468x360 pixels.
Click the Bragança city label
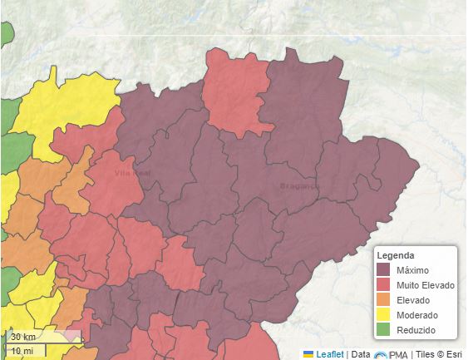click(299, 185)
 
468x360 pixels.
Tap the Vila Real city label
click(133, 174)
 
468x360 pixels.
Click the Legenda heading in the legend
click(396, 255)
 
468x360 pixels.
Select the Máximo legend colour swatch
click(384, 270)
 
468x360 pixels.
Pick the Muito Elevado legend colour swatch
click(384, 285)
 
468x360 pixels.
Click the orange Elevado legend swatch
click(384, 300)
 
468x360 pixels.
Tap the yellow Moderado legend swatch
click(384, 316)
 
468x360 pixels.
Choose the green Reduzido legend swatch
click(384, 331)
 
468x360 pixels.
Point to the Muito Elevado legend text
click(426, 285)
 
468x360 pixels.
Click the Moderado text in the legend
click(418, 316)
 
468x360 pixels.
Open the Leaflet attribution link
click(330, 354)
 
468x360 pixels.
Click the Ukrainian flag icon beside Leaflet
click(308, 354)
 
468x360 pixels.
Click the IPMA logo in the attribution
click(391, 354)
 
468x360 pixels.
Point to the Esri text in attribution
click(455, 354)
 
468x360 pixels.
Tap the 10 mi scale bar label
click(21, 351)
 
